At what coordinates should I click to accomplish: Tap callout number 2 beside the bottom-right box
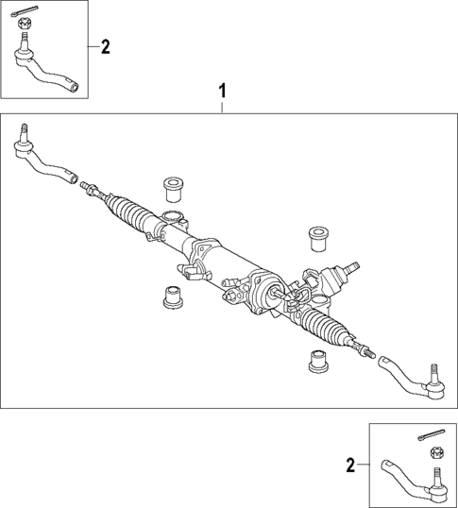pyautogui.click(x=351, y=465)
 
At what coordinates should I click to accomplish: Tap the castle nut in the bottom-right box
pyautogui.click(x=437, y=457)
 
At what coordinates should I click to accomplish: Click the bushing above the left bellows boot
pyautogui.click(x=173, y=188)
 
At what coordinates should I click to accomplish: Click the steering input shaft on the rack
pyautogui.click(x=351, y=270)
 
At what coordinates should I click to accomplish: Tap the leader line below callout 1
pyautogui.click(x=223, y=107)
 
